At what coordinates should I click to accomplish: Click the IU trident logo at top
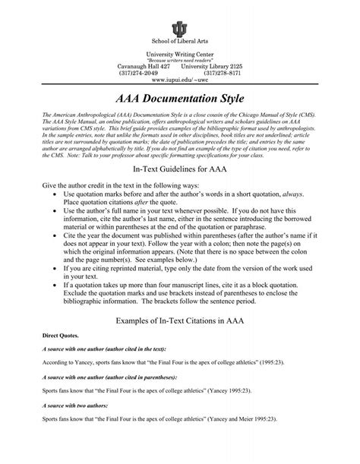coord(179,29)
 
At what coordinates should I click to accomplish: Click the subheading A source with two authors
coord(83,427)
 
